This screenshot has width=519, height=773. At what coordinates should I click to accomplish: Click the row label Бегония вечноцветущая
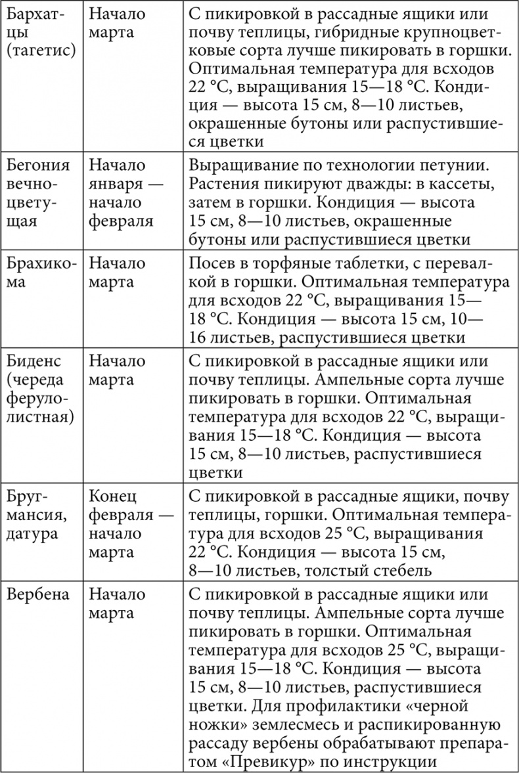coord(39,192)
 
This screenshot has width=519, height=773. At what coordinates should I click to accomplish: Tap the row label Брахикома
coord(39,273)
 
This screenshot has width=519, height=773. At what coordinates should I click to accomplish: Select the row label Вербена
coord(37,595)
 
